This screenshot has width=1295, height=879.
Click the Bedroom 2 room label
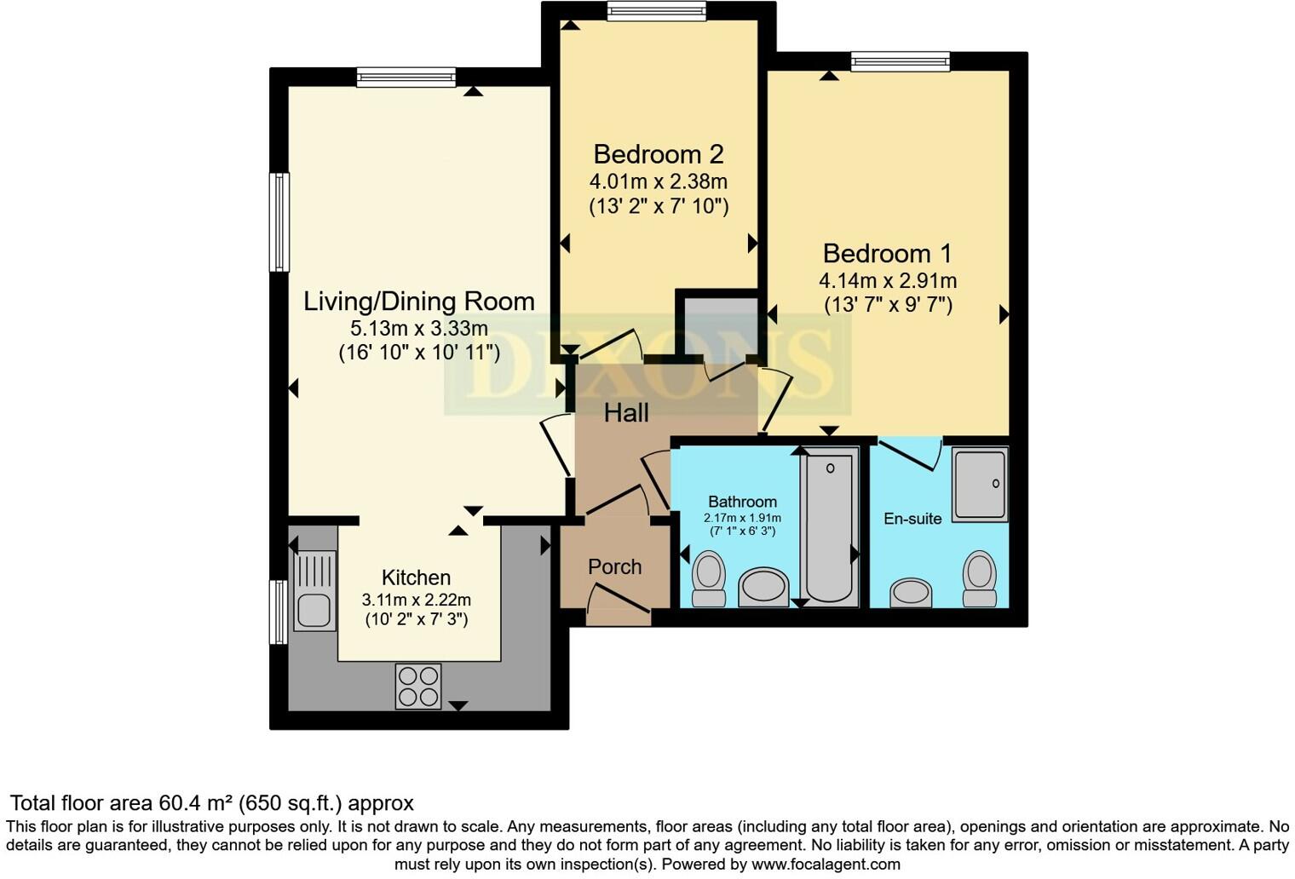click(659, 154)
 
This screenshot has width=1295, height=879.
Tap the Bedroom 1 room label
click(887, 254)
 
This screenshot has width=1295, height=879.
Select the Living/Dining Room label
click(419, 302)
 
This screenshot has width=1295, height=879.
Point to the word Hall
click(626, 412)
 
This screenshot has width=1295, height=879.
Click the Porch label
click(614, 567)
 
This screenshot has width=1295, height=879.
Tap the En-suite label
click(912, 519)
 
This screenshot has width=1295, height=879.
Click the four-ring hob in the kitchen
click(418, 686)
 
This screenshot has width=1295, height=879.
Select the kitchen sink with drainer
click(314, 590)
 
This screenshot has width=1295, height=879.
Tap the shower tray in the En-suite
click(980, 485)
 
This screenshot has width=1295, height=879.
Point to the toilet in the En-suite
click(980, 579)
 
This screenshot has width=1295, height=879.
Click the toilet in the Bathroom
click(709, 579)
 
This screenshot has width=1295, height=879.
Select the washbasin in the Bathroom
click(763, 588)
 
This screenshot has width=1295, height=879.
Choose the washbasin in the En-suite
click(911, 593)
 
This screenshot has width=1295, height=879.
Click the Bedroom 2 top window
click(657, 11)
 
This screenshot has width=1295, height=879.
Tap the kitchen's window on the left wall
click(279, 612)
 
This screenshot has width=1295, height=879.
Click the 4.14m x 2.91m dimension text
click(888, 281)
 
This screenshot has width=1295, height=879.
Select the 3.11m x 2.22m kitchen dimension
click(417, 600)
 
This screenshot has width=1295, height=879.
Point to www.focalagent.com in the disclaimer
click(826, 865)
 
